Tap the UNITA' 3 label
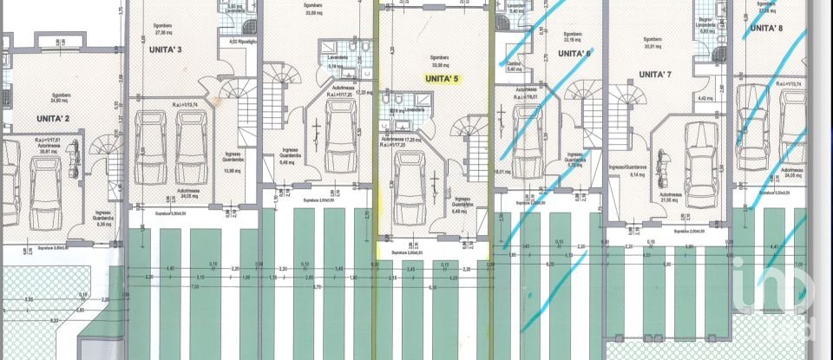click(166, 49)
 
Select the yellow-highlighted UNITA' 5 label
click(441, 78)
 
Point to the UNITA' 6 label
click(574, 53)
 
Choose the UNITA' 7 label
click(655, 75)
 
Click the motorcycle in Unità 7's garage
click(665, 161)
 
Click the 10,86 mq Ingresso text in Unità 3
click(232, 167)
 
